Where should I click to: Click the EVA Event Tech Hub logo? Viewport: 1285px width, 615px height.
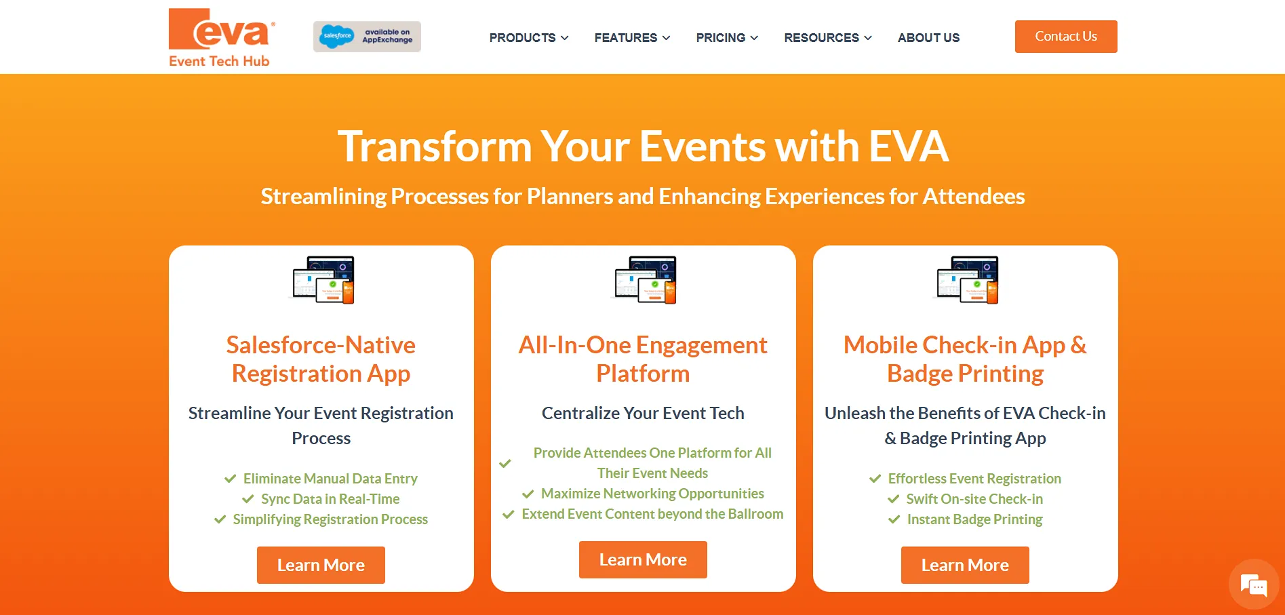pos(221,37)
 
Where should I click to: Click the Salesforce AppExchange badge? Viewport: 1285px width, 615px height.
pos(367,37)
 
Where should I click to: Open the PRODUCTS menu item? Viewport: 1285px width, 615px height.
pos(529,38)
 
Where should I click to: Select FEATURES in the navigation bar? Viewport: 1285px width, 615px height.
pos(632,38)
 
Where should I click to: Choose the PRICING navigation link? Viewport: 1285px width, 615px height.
pos(727,38)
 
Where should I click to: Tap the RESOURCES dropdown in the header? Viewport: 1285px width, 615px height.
pos(827,38)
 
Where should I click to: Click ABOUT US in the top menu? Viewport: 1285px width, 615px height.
pos(928,38)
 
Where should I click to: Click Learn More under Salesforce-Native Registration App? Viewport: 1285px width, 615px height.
pos(321,565)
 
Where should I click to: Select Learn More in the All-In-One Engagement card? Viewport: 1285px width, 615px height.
pos(643,559)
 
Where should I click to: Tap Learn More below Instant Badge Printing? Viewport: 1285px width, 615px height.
pos(964,565)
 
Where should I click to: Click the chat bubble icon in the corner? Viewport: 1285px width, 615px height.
pos(1253,584)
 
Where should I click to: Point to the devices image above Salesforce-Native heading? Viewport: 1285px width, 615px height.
pos(323,279)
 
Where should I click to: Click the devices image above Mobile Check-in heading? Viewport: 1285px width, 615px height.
pos(967,279)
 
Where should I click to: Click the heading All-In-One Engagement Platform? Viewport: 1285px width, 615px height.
pos(643,359)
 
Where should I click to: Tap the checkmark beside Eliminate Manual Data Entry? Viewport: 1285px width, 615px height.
pos(230,479)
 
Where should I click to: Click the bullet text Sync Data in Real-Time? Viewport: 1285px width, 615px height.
pos(330,499)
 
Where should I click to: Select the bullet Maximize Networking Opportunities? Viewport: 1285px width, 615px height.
pos(652,494)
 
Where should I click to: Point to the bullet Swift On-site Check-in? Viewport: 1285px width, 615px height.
pos(974,499)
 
